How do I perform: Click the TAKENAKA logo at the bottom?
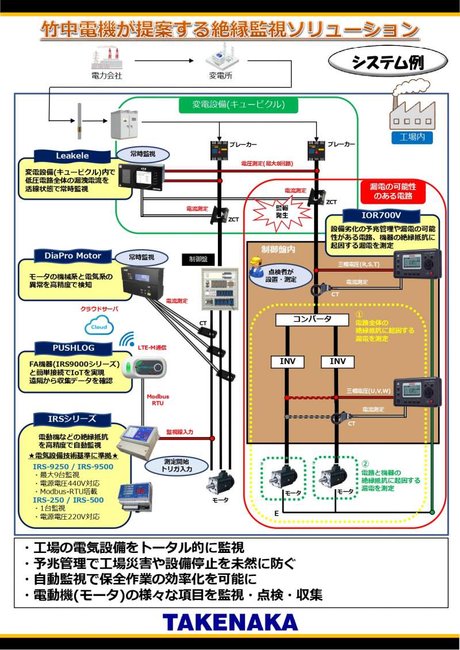point(230,622)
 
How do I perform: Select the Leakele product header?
point(72,155)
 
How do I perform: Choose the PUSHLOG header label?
point(72,347)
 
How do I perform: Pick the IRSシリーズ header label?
point(72,419)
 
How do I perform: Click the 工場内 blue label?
point(412,137)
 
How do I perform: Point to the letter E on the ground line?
point(276,512)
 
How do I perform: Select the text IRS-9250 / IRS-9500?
point(73,467)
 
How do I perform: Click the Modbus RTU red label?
point(158,400)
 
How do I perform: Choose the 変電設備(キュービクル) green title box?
point(238,105)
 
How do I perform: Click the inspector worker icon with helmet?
point(257,263)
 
